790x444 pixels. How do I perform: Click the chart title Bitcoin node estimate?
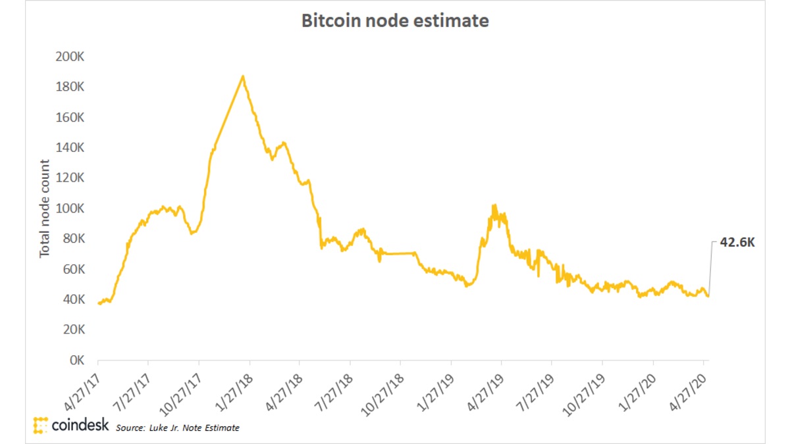click(x=395, y=21)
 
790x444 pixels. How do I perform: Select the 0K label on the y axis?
click(x=74, y=361)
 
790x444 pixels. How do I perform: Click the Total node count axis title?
click(x=45, y=209)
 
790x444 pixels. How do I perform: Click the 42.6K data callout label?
click(x=737, y=242)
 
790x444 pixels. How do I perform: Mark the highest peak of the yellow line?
click(x=243, y=76)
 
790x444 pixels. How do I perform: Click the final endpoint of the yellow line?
click(x=708, y=296)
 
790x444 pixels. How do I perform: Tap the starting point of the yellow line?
click(x=98, y=303)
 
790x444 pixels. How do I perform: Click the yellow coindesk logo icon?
click(x=41, y=425)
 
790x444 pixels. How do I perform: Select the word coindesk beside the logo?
click(x=80, y=426)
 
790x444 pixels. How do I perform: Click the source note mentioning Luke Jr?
click(x=178, y=428)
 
